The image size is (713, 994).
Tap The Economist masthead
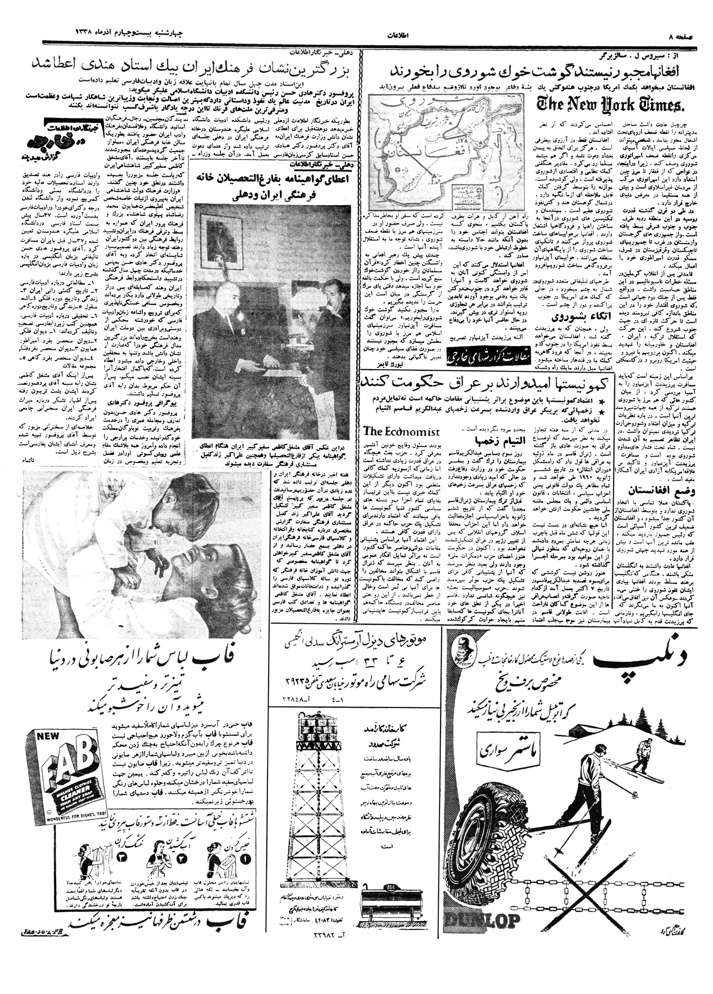click(x=401, y=431)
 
